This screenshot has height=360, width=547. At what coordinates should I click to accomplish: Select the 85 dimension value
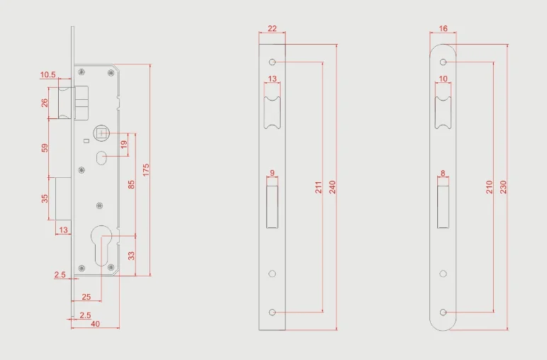pos(131,185)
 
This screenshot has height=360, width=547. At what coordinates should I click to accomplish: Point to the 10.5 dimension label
pos(48,74)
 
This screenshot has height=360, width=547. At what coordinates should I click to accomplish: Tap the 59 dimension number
pos(45,147)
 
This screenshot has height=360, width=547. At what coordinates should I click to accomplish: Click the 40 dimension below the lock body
pos(95,324)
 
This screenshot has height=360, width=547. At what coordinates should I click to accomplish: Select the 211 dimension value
pos(318,187)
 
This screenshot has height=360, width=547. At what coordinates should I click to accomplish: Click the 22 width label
pos(272,29)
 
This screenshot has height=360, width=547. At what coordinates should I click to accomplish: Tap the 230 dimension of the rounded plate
pos(503,187)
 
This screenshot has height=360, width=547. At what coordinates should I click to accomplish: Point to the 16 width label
pos(444,29)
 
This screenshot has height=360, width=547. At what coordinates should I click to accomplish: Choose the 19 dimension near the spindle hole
pos(124,145)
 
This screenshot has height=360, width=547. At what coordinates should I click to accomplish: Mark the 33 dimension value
pos(131,254)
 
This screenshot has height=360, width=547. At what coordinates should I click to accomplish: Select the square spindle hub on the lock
pos(101,132)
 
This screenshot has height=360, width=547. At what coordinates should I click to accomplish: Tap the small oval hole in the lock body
pos(101,158)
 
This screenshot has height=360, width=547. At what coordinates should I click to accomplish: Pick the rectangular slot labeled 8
pos(444,205)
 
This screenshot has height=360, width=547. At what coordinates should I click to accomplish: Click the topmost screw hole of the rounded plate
pos(444,62)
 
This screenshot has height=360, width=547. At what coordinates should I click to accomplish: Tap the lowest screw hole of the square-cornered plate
pos(272,312)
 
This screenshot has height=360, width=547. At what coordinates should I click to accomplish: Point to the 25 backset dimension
pos(86,296)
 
